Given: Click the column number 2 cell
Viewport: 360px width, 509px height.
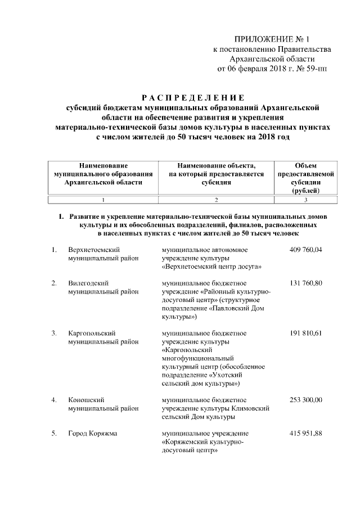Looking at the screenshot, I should pos(216,200).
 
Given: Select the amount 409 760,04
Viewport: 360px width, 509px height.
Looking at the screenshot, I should pos(306,249).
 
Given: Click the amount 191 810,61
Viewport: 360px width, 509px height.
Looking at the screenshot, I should pos(306,334).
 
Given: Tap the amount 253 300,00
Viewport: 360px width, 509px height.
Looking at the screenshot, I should pos(306,400).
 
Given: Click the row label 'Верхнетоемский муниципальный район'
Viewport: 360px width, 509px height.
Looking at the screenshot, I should pos(103,254).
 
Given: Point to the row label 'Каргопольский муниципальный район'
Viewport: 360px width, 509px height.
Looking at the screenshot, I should pos(103,337).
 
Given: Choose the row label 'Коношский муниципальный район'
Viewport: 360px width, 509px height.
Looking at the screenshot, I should pos(103,404).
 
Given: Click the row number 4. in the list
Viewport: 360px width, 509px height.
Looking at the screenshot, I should pos(54,400).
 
